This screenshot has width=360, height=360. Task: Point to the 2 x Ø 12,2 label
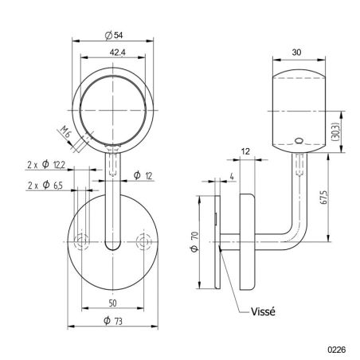(45, 165)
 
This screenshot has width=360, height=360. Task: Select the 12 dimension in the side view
(245, 151)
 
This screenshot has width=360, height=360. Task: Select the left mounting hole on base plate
(80, 241)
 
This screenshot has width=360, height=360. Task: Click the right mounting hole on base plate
(143, 241)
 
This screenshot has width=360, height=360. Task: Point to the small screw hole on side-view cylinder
(299, 142)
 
